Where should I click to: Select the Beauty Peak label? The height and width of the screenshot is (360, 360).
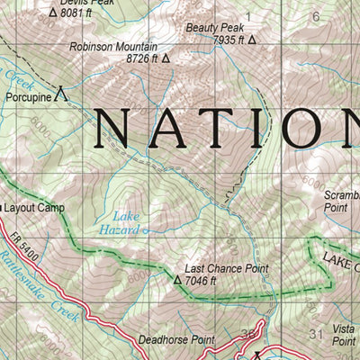click(209, 28)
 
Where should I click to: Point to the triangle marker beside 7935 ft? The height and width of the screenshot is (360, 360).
click(252, 40)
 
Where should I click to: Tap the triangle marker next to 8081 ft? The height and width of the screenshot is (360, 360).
click(52, 13)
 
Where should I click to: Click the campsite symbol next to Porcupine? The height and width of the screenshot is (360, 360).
click(60, 92)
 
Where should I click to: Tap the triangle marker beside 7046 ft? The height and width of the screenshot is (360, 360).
click(177, 281)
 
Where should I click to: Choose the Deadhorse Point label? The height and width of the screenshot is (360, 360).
click(176, 340)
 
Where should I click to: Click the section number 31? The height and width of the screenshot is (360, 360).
click(314, 335)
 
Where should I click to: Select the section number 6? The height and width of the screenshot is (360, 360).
click(315, 16)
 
